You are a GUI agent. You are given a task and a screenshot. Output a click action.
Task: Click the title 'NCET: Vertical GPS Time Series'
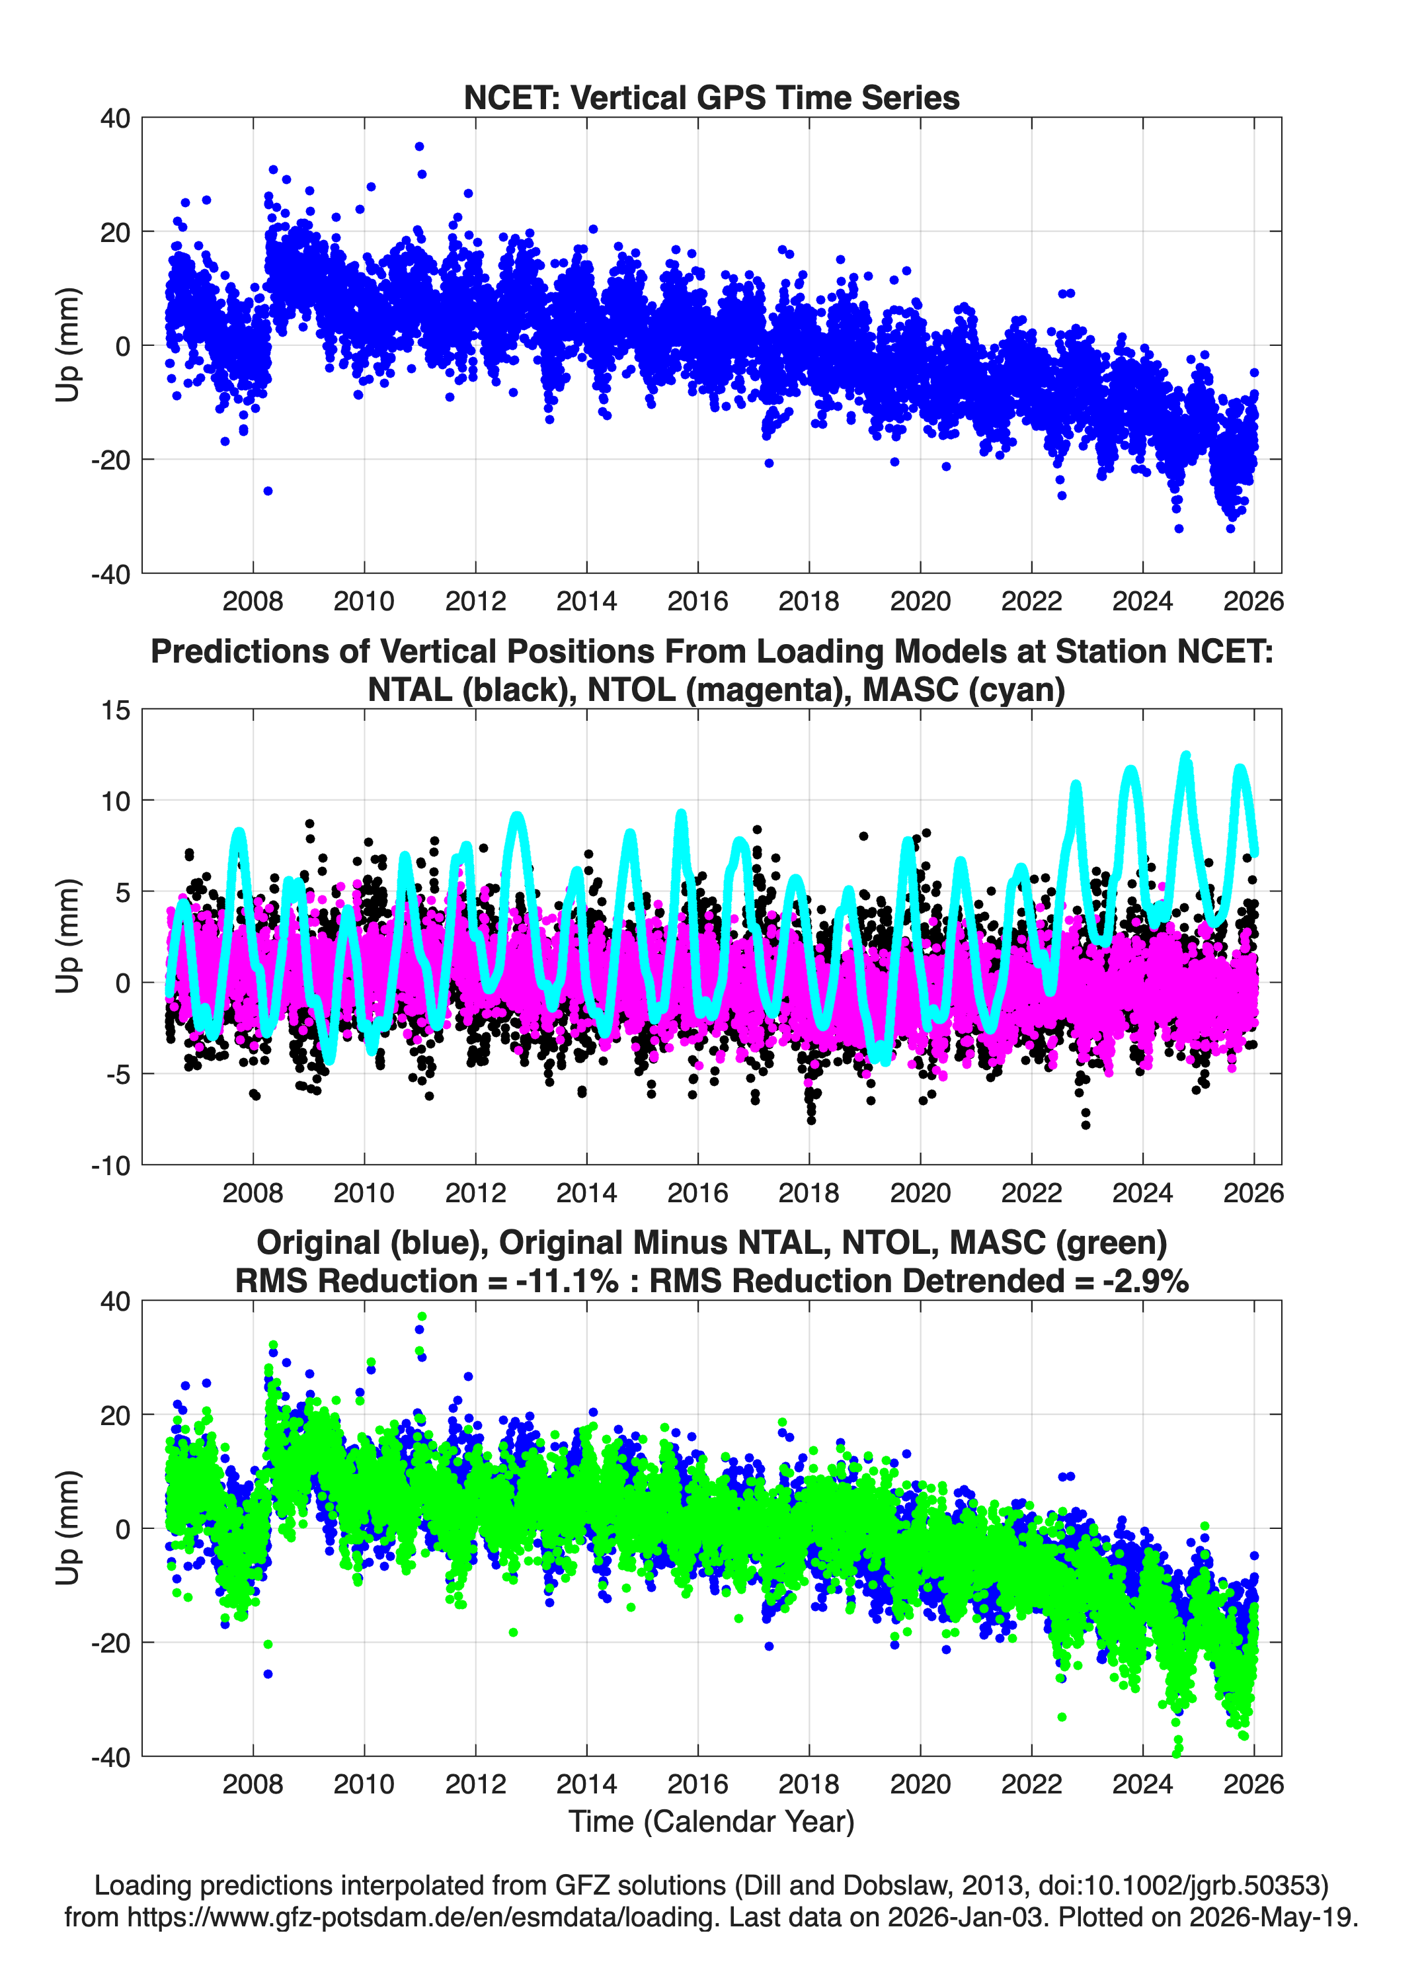[711, 97]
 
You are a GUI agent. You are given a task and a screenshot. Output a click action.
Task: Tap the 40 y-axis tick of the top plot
[115, 118]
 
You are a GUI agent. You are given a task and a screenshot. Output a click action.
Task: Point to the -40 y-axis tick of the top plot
[110, 574]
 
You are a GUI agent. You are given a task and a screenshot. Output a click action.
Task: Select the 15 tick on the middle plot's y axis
[116, 710]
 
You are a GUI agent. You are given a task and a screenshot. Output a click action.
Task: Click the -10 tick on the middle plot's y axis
[110, 1166]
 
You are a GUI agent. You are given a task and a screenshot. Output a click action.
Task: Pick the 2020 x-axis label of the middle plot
[920, 1193]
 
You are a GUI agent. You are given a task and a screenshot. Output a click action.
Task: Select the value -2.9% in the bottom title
[1145, 1281]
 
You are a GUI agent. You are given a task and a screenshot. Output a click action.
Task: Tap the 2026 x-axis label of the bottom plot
[1253, 1784]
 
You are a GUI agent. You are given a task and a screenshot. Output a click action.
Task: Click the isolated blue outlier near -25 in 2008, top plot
[268, 491]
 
